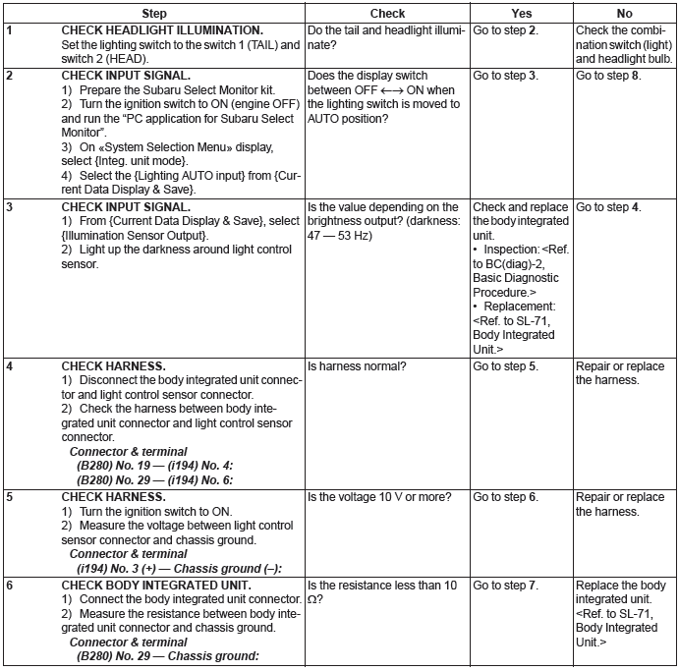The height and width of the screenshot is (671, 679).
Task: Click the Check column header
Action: [x=387, y=14]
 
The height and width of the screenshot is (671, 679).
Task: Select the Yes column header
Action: [x=521, y=14]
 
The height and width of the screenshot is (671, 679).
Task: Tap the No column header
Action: [x=624, y=14]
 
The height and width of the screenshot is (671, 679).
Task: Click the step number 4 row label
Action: [x=9, y=367]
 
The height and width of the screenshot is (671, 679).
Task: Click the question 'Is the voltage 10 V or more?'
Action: [x=379, y=498]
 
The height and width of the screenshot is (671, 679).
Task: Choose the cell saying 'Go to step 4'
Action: [x=608, y=207]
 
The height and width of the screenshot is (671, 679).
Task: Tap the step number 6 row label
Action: [x=9, y=587]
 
